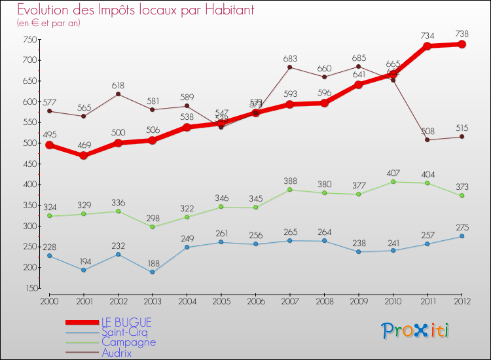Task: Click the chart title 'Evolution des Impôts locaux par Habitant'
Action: tap(136, 10)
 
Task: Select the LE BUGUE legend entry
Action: tap(126, 323)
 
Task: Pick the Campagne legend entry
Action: tap(128, 342)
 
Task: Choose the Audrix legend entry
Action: tap(117, 353)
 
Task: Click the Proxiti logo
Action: tap(416, 331)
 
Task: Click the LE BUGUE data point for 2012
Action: tap(462, 45)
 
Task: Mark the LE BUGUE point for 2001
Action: tap(83, 156)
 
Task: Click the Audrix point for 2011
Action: tap(427, 139)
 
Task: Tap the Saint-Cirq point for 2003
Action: tap(153, 272)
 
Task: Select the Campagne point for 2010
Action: tap(393, 181)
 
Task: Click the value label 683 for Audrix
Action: tap(291, 59)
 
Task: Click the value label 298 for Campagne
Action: tap(153, 218)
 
